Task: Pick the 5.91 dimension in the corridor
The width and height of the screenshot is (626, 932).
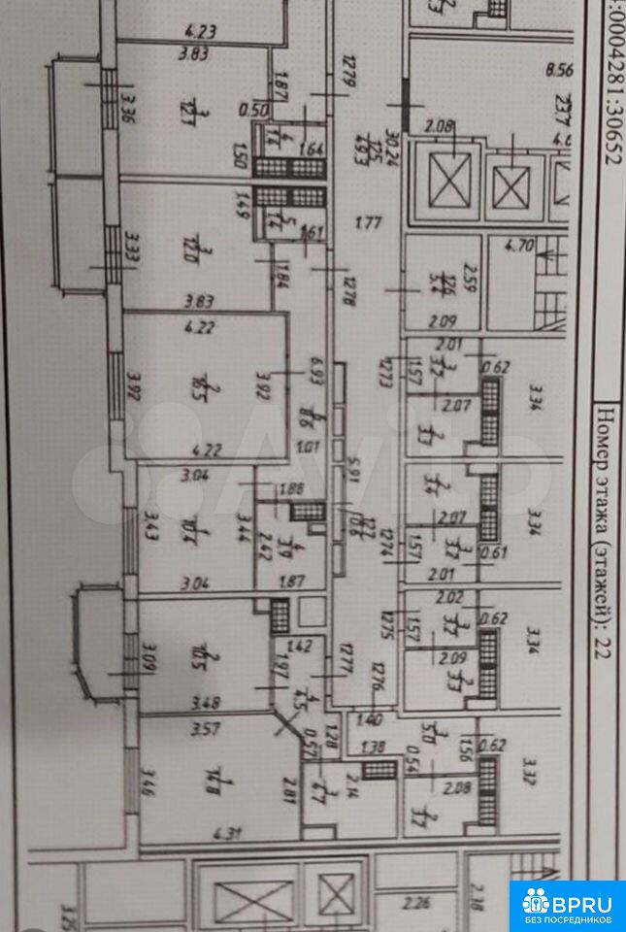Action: tap(355, 485)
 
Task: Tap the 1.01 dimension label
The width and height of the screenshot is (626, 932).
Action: tap(310, 448)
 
